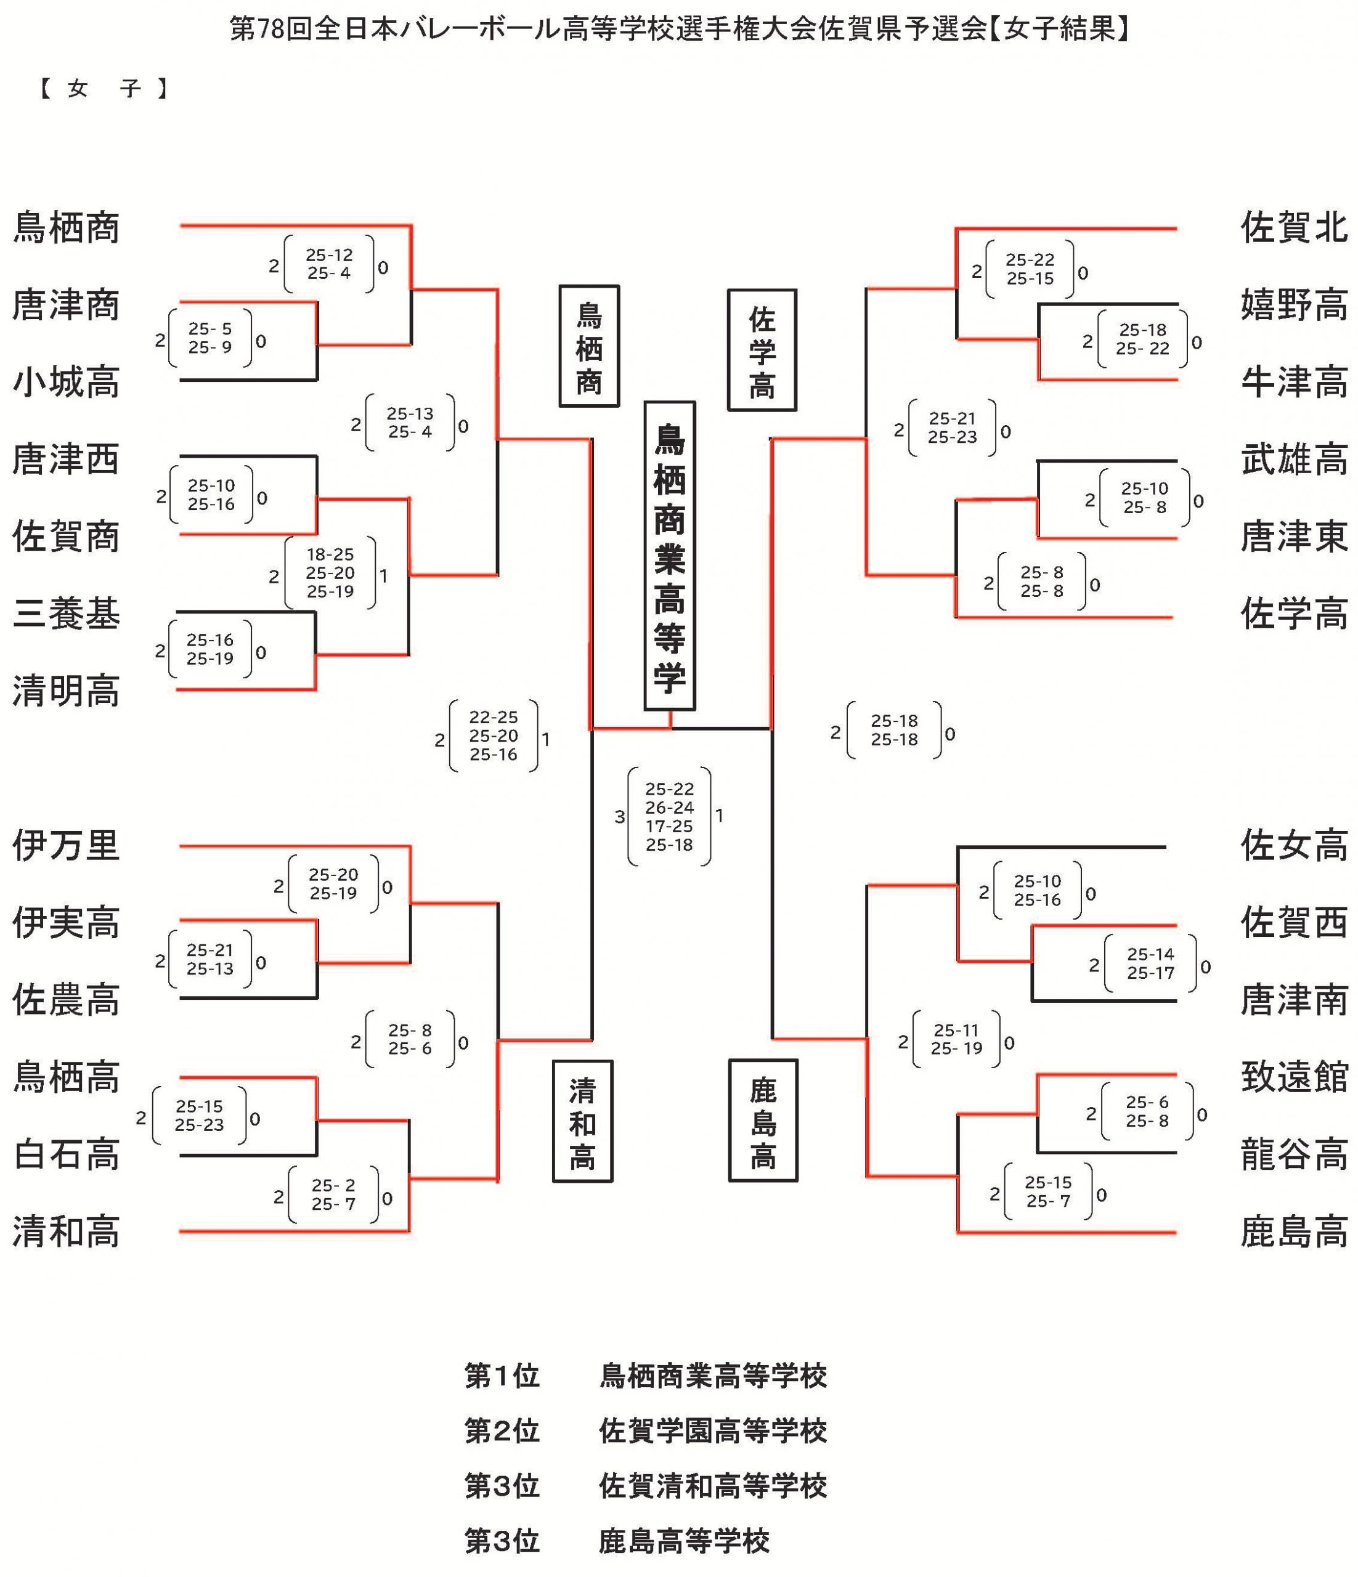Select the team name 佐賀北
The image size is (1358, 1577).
pyautogui.click(x=1294, y=227)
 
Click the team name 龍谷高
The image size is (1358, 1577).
pyautogui.click(x=1294, y=1154)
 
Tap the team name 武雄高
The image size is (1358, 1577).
pyautogui.click(x=1294, y=460)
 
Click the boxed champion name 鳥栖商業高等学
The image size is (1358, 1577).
pyautogui.click(x=669, y=556)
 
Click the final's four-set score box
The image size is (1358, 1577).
pyautogui.click(x=669, y=817)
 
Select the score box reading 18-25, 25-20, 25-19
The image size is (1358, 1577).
pyautogui.click(x=330, y=573)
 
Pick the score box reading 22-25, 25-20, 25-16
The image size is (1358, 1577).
pyautogui.click(x=494, y=736)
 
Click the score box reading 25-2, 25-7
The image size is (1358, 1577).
pyautogui.click(x=333, y=1195)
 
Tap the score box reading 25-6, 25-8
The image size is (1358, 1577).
pyautogui.click(x=1147, y=1112)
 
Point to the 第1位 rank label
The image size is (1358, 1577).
pyautogui.click(x=502, y=1376)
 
